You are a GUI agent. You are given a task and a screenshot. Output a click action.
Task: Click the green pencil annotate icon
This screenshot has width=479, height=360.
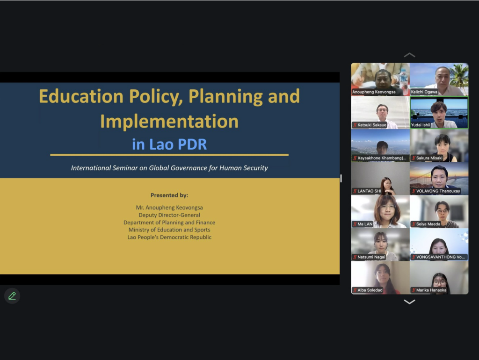pos(12,295)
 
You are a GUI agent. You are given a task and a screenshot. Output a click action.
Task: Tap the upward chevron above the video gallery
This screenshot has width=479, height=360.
pos(409,55)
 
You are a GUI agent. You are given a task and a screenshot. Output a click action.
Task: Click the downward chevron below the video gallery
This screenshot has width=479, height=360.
pos(409,302)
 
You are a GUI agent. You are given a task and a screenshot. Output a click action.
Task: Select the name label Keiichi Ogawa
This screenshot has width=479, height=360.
pos(424,92)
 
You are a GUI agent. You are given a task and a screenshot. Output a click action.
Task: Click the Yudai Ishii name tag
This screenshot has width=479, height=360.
pos(421,125)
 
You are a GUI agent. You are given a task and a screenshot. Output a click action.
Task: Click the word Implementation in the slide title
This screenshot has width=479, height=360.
pos(169,121)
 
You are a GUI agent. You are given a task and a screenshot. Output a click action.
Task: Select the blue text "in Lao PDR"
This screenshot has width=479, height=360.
pos(169,144)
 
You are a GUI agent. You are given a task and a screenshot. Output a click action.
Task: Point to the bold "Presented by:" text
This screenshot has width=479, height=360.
pos(169,195)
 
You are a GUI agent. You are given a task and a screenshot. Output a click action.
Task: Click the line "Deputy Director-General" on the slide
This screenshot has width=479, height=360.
pos(169,215)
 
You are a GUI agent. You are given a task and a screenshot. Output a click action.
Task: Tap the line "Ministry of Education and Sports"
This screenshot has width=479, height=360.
pos(169,230)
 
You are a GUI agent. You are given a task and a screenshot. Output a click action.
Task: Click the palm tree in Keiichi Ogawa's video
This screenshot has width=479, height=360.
pos(459,76)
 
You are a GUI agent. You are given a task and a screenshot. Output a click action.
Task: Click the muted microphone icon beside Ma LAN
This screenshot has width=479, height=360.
pos(355,224)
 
